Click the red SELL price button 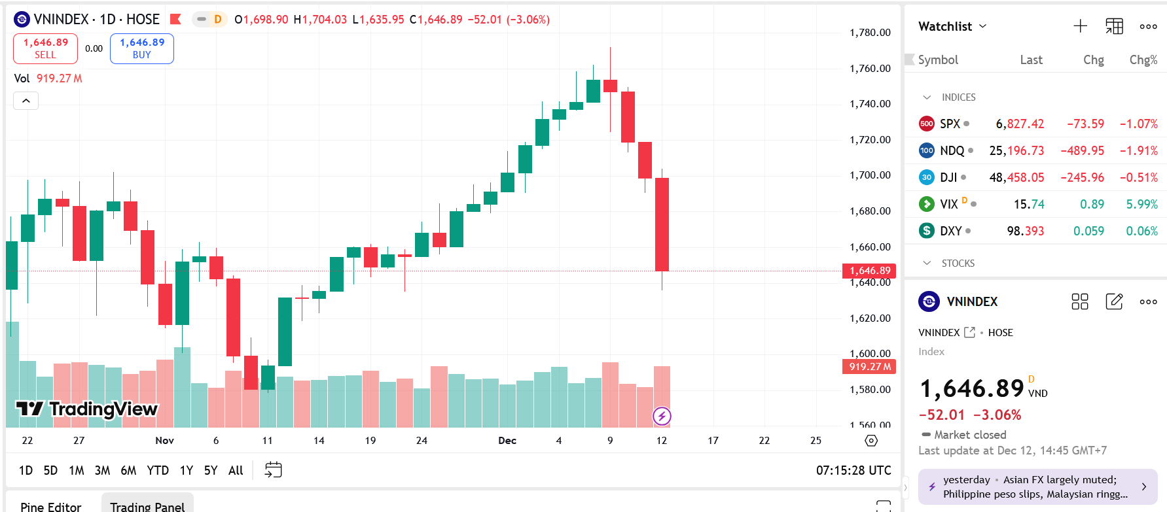point(45,48)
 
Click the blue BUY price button point(141,48)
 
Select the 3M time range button point(102,470)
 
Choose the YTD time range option point(158,470)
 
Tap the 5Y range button point(210,470)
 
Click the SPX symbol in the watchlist point(950,124)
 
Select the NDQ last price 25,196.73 point(1016,150)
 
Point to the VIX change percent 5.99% point(1141,204)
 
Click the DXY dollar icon point(926,231)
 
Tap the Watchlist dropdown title point(952,26)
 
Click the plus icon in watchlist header point(1080,26)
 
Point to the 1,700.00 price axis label point(870,175)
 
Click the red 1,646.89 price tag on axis point(869,271)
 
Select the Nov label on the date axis point(164,441)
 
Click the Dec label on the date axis point(507,441)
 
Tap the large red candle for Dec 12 point(662,224)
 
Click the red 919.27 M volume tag point(869,367)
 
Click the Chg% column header point(1143,60)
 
